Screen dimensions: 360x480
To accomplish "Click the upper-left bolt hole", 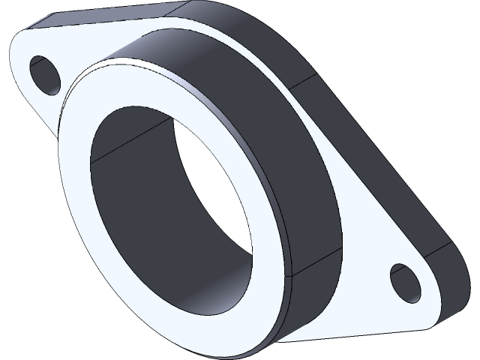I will pyautogui.click(x=46, y=74).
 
